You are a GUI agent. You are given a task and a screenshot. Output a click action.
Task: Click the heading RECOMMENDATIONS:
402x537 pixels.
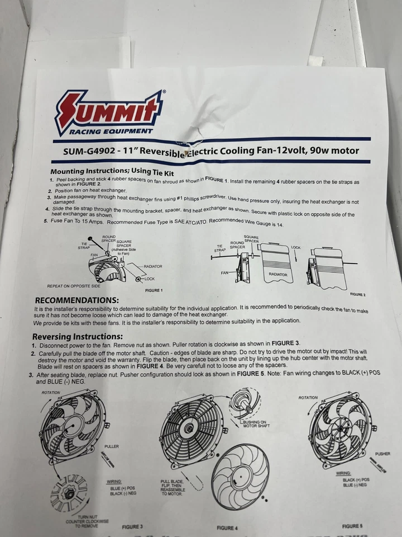click(76, 300)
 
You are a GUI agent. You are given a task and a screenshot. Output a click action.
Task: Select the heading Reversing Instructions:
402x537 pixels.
click(77, 337)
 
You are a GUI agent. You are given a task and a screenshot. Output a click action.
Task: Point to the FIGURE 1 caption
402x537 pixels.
click(154, 291)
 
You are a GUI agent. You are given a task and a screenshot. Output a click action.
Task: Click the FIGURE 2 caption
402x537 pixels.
click(357, 294)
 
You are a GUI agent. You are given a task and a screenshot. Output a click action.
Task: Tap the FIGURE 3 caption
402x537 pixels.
click(133, 526)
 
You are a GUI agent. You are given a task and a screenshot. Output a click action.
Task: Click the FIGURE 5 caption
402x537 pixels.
click(353, 526)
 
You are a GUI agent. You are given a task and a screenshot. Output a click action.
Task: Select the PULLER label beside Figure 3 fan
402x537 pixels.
click(112, 447)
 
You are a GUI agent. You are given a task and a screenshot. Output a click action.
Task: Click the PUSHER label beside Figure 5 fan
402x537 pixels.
click(382, 454)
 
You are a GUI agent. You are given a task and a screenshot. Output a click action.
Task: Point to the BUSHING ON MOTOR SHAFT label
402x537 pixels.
click(256, 424)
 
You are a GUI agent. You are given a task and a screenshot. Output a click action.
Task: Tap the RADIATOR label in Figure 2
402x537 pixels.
click(277, 275)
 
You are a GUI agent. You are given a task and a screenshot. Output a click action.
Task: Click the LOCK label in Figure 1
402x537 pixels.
click(149, 278)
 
